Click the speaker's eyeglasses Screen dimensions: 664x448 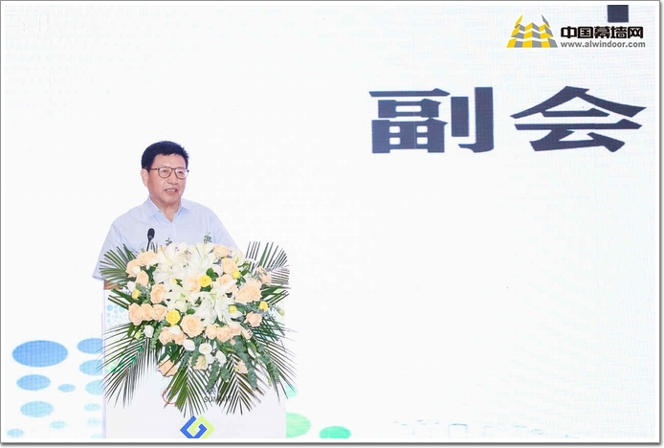168,172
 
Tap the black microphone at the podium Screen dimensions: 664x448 150,238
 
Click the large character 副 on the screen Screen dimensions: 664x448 432,120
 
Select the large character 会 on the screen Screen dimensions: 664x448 579,119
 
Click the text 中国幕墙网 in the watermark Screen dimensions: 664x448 602,33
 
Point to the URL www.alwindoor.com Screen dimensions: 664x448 603,44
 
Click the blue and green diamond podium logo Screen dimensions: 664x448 197,427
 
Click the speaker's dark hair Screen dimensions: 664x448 164,153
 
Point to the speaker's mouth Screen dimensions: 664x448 171,191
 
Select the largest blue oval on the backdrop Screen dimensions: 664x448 40,353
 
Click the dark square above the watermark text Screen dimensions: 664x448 618,13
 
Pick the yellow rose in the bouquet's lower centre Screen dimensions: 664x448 173,317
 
